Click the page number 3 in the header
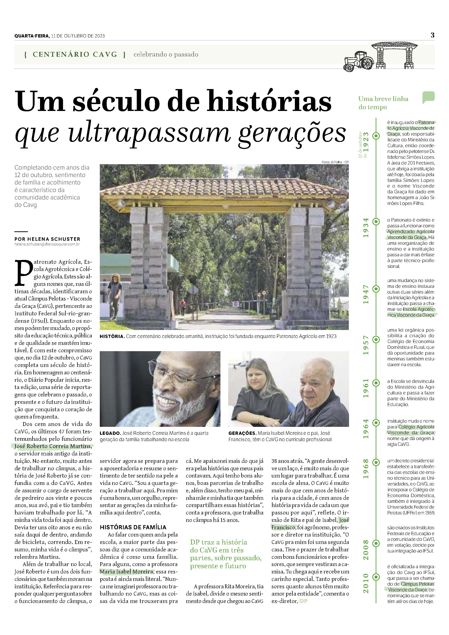[x=432, y=35]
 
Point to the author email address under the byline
[x=47, y=244]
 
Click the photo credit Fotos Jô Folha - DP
[x=335, y=162]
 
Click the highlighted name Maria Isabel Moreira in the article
[x=126, y=571]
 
